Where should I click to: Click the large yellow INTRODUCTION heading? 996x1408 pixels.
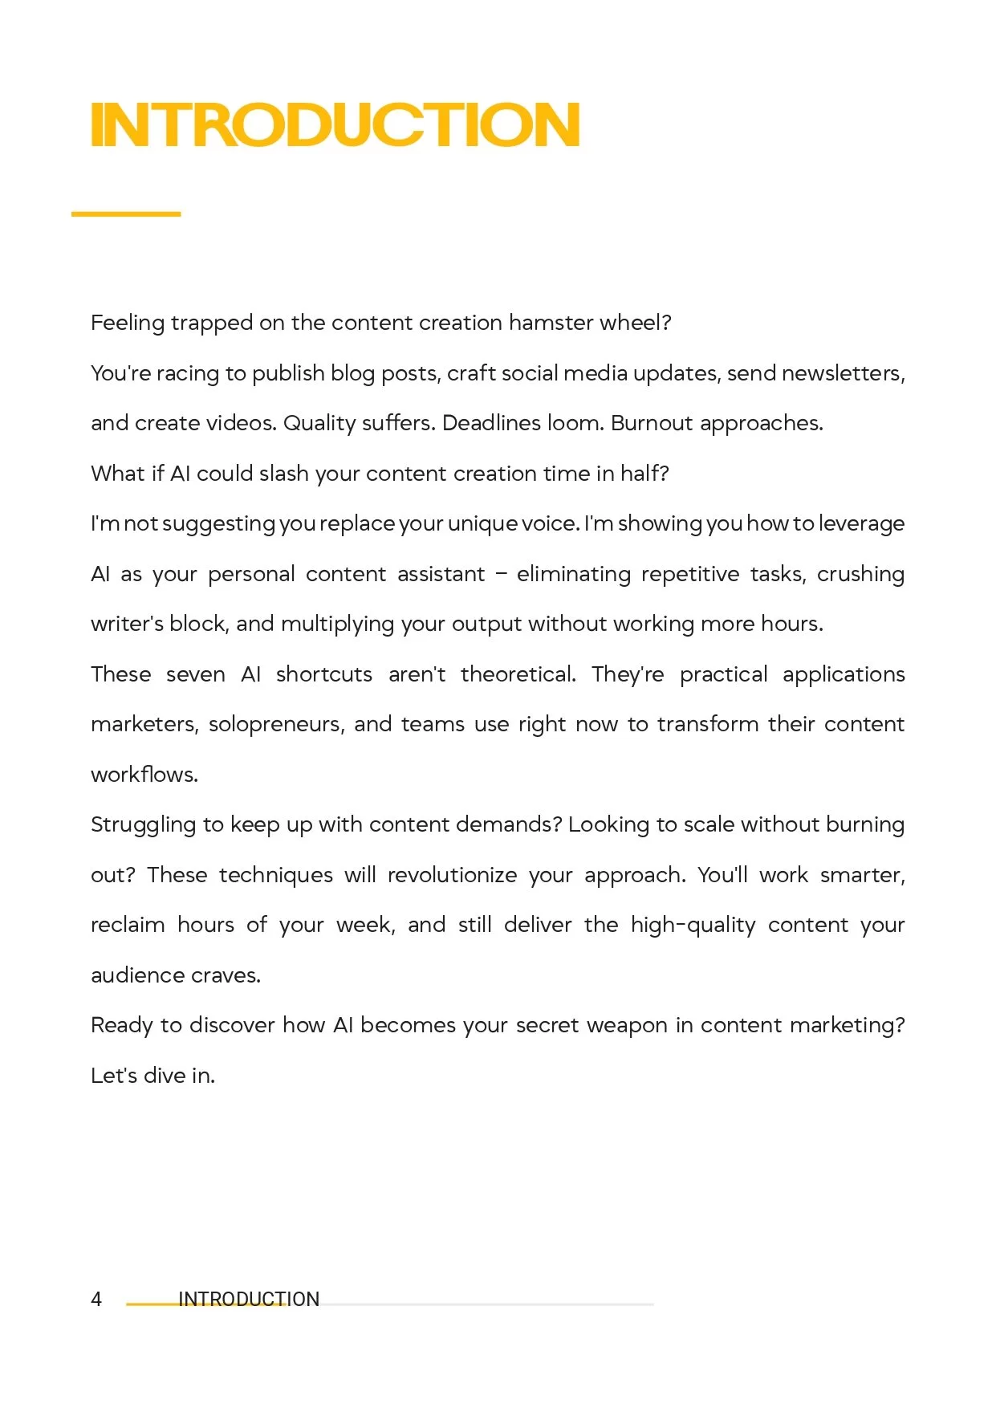click(335, 125)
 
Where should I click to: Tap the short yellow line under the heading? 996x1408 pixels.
click(126, 214)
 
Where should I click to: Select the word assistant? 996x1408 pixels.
click(441, 574)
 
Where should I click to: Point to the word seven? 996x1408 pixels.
click(196, 674)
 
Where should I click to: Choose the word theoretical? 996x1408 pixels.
click(518, 674)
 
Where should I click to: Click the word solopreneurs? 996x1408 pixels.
click(276, 724)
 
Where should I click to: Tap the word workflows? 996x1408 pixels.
click(144, 775)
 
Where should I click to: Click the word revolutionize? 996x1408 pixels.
click(452, 875)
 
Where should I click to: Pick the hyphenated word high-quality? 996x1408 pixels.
click(693, 926)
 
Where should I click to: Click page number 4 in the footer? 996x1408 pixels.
click(96, 1300)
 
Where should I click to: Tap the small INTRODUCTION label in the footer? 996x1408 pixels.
click(249, 1300)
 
